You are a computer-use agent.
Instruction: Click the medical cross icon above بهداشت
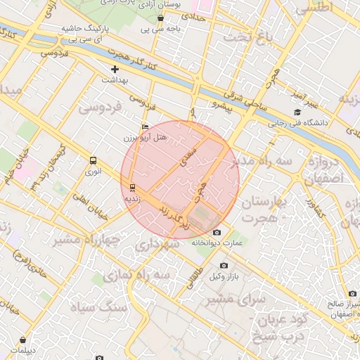[x=115, y=70]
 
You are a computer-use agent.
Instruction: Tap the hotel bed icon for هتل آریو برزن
[x=146, y=127]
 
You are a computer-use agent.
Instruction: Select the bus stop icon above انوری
[x=93, y=160]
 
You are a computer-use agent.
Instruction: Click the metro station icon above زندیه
[x=131, y=187]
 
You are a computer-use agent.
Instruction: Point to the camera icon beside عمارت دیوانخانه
[x=217, y=233]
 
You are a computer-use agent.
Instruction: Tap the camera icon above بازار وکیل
[x=224, y=265]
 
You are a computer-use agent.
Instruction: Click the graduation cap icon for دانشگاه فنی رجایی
[x=297, y=112]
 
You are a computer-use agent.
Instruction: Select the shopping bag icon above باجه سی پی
[x=161, y=18]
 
